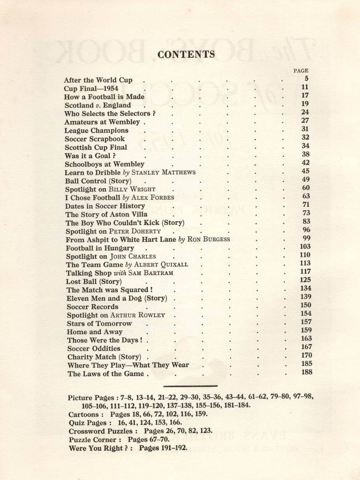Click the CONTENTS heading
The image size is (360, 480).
(186, 54)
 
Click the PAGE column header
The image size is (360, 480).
(300, 71)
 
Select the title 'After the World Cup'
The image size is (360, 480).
(98, 80)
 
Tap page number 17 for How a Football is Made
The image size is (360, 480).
(305, 96)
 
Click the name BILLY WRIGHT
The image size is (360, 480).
(132, 189)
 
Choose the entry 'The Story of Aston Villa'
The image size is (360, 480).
(106, 214)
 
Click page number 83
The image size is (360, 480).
(306, 222)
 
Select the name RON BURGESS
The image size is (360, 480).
(209, 239)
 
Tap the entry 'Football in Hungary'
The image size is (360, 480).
(100, 248)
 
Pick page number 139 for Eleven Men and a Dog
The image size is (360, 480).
(306, 297)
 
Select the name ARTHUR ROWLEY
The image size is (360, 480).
(137, 315)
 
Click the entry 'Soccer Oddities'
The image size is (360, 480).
(94, 348)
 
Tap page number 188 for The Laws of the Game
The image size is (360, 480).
(307, 373)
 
